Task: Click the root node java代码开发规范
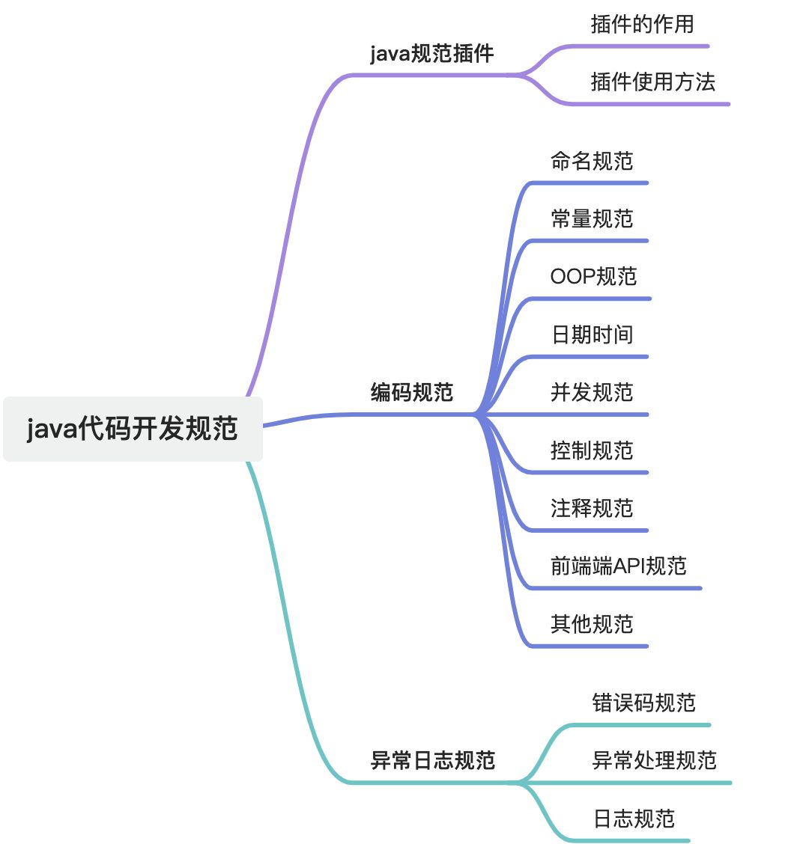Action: coord(133,429)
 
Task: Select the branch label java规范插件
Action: coord(432,55)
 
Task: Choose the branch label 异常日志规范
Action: coord(433,761)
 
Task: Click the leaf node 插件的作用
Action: coord(642,25)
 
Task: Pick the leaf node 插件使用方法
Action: coord(652,82)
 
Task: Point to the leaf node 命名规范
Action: coord(592,161)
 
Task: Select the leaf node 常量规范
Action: coord(592,218)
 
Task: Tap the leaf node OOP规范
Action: coord(593,276)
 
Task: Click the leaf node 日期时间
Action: coord(592,334)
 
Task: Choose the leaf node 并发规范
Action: coord(592,392)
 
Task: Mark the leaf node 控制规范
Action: coord(592,450)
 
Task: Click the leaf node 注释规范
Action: coord(592,508)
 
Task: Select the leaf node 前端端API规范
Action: coord(618,566)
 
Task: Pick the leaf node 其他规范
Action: coord(592,624)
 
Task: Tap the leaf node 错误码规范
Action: coord(643,703)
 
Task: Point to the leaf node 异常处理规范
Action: coord(654,761)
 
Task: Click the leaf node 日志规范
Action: coord(634,819)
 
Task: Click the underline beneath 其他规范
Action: coord(588,646)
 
